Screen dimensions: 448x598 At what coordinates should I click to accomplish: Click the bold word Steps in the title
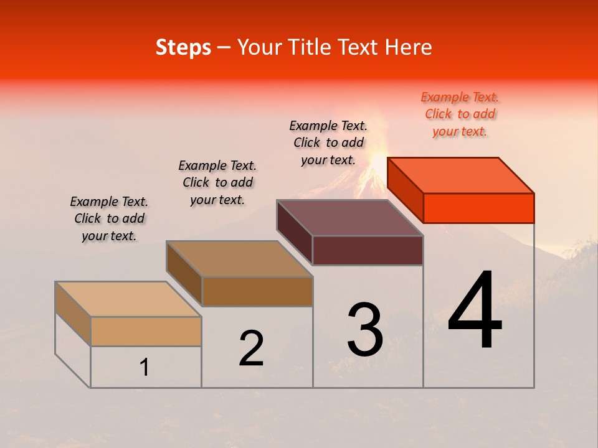183,47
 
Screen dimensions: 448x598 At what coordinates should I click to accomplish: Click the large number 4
475,312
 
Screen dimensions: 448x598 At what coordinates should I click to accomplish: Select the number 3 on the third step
365,330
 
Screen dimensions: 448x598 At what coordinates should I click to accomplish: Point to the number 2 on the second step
251,348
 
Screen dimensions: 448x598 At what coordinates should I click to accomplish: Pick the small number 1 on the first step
145,367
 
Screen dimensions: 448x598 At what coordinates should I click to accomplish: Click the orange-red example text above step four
460,114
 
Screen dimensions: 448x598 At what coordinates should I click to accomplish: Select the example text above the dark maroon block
328,142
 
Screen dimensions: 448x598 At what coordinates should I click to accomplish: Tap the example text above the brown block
217,182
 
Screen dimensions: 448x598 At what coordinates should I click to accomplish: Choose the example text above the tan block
109,218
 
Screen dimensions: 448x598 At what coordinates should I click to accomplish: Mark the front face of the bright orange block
478,208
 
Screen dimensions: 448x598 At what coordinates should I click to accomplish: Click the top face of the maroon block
350,218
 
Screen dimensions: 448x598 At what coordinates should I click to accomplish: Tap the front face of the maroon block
368,251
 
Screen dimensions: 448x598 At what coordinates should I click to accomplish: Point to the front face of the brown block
257,291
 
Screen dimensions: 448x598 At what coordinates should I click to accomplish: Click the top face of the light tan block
128,299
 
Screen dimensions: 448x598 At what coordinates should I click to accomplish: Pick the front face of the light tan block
146,331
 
